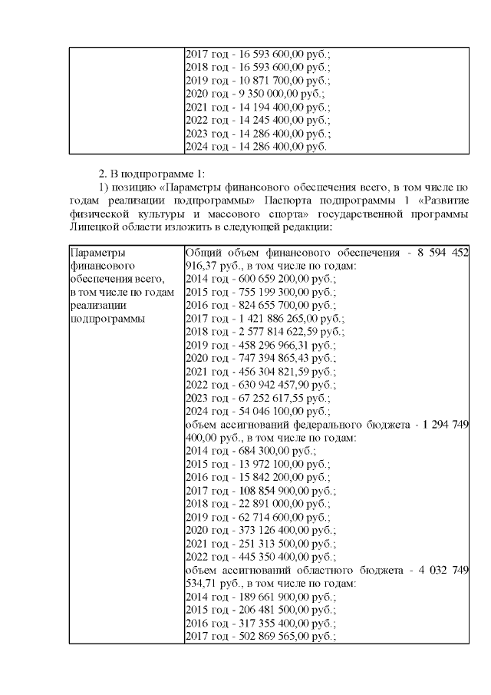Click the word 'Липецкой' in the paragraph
[94, 227]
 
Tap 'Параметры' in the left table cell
[96, 253]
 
